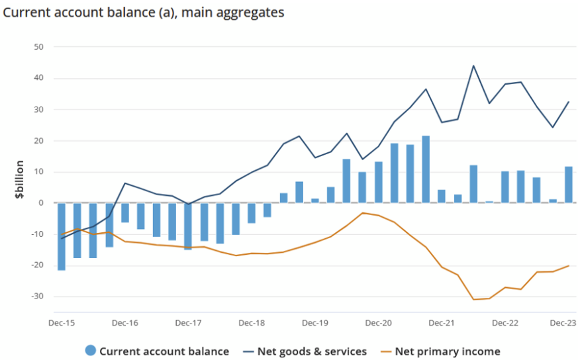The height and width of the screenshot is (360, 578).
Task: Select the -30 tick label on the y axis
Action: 36,296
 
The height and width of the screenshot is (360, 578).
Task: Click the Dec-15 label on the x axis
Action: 62,323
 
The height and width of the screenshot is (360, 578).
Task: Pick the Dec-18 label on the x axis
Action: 252,323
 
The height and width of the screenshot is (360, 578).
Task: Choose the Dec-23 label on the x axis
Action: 563,323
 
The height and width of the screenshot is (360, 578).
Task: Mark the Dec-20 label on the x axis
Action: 378,323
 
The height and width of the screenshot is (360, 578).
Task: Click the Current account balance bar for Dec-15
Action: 62,236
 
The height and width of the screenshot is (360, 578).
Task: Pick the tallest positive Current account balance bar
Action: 426,169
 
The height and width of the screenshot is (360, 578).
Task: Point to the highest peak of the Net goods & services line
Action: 473,66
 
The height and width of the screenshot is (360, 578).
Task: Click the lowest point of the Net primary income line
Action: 474,299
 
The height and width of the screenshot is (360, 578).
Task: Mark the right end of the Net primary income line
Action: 569,266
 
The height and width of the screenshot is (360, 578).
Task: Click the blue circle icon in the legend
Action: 91,351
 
